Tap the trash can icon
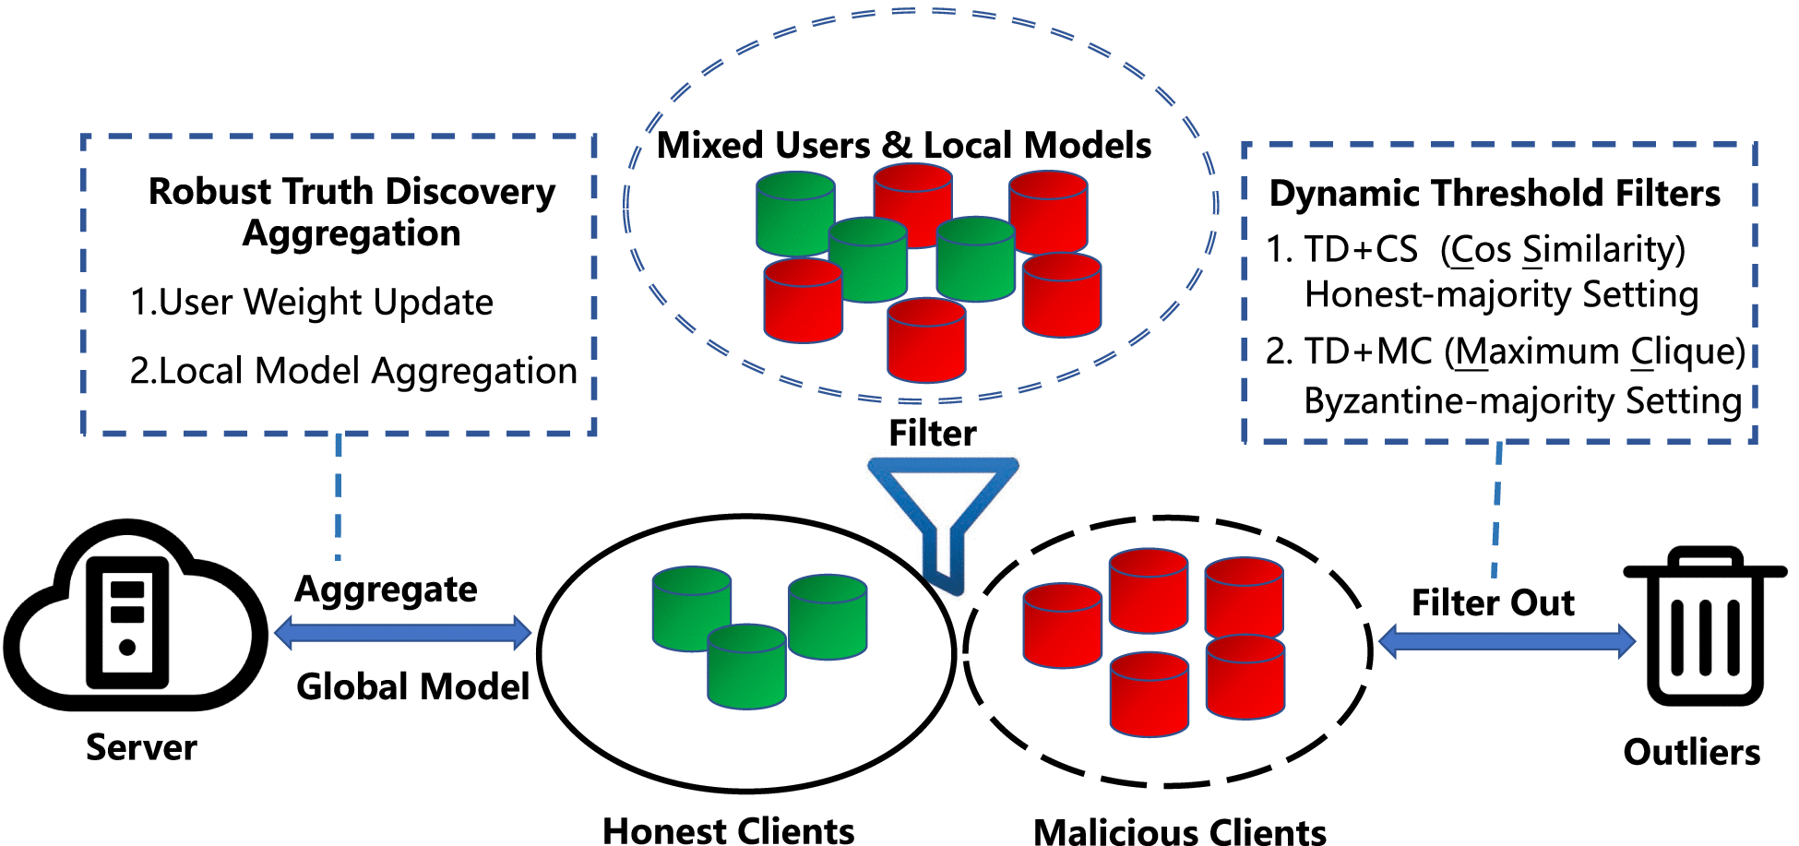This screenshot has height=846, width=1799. (x=1705, y=627)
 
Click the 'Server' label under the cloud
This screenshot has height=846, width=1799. (x=141, y=747)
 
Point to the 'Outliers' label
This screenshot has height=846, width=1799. (x=1691, y=752)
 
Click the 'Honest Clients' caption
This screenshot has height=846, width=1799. (x=728, y=830)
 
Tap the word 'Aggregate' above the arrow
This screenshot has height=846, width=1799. (x=386, y=590)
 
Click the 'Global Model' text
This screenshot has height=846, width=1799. (x=412, y=686)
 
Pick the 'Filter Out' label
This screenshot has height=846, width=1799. (x=1493, y=602)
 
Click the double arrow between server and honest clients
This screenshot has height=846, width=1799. (x=403, y=633)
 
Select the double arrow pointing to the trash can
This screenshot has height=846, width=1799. (x=1507, y=640)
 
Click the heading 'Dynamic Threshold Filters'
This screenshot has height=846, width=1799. (x=1495, y=194)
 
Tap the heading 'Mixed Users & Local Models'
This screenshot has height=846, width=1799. (x=903, y=146)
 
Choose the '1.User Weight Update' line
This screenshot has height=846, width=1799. (x=312, y=303)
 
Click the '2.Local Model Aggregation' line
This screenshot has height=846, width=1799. (x=353, y=371)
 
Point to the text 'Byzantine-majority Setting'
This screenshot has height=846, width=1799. (x=1522, y=401)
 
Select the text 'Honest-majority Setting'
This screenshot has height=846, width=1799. (x=1501, y=295)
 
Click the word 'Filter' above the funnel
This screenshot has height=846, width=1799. (x=932, y=434)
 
